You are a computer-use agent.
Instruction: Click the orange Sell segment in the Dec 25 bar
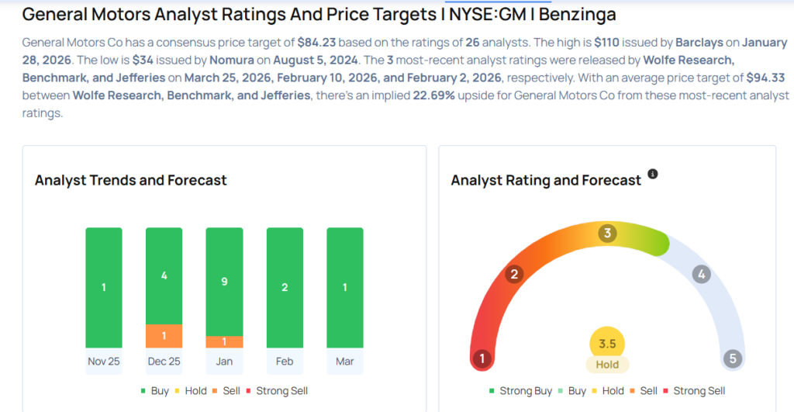164,336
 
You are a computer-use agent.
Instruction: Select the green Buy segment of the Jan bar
224,282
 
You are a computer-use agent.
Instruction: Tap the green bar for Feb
285,287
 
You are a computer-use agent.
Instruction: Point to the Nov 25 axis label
104,362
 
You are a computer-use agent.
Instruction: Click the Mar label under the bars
345,362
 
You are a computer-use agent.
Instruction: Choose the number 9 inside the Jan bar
224,282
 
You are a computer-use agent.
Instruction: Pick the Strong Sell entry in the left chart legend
281,391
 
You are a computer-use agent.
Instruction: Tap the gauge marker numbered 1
482,358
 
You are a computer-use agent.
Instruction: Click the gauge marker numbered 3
608,233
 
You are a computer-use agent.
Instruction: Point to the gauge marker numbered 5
733,358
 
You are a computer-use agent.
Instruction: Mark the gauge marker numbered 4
701,274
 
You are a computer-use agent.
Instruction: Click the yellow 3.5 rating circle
607,344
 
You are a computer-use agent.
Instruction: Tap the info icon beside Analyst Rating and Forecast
653,175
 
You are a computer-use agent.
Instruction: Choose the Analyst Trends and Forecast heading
131,180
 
